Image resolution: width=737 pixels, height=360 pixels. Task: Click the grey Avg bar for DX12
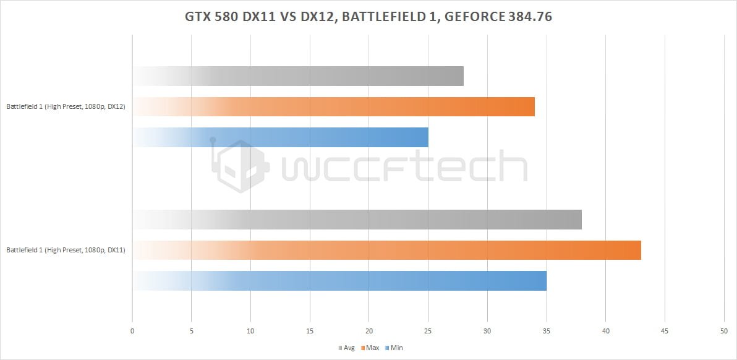(x=297, y=76)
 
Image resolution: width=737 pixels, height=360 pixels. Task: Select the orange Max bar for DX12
(x=333, y=106)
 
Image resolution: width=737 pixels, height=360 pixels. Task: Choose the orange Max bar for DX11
(x=386, y=250)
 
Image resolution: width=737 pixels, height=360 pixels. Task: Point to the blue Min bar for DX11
(x=339, y=281)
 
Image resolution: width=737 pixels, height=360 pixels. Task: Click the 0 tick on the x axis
(x=132, y=332)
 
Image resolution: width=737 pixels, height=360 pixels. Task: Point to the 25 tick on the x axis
(x=428, y=332)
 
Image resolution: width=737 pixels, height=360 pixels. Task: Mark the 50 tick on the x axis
(x=724, y=332)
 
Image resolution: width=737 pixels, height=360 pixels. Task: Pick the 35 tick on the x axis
(x=547, y=332)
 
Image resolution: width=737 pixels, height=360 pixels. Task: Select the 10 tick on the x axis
(x=250, y=332)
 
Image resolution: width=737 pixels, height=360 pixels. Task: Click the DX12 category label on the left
(x=66, y=107)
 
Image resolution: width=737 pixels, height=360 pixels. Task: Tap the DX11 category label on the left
(x=66, y=251)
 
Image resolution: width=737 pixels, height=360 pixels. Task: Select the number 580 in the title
(x=227, y=17)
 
